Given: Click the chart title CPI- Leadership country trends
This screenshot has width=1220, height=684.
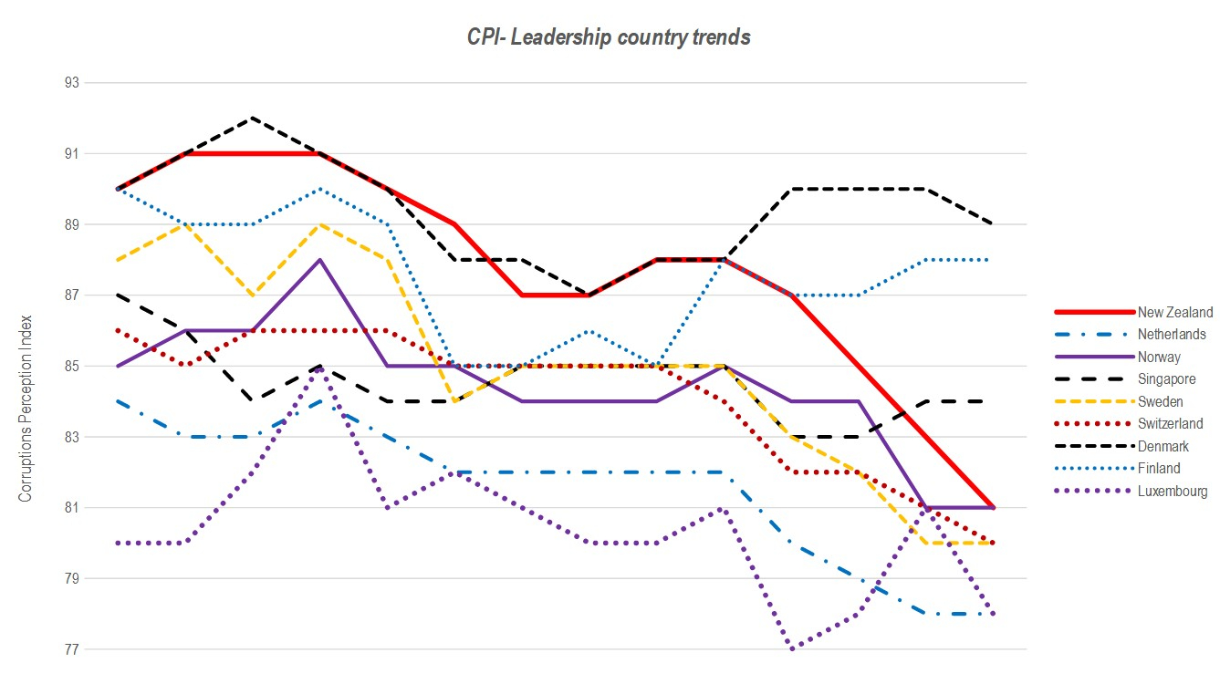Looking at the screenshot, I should (610, 37).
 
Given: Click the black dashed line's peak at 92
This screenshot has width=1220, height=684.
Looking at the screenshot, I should (252, 118).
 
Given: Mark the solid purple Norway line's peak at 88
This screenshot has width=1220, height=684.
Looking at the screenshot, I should (319, 260).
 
